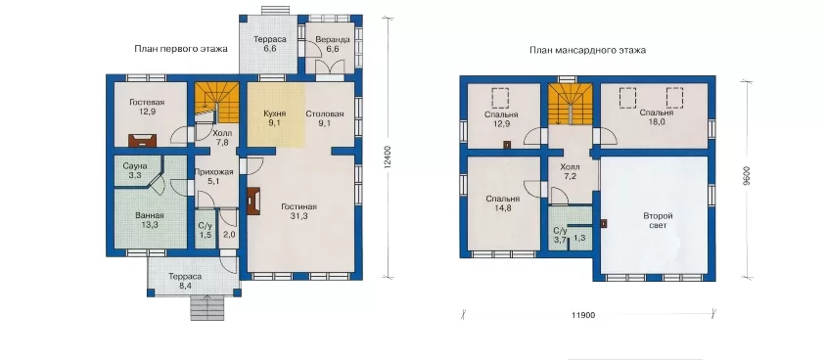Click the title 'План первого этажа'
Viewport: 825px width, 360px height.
point(181,49)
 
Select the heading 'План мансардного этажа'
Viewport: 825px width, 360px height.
point(588,50)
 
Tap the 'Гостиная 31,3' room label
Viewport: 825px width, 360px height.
point(298,211)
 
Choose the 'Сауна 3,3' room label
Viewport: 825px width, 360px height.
point(135,171)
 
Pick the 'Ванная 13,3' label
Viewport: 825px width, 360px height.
point(150,220)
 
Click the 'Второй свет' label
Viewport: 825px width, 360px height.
point(659,220)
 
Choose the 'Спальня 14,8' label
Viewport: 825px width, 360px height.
point(502,203)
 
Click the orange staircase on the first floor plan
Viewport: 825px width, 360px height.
point(217,101)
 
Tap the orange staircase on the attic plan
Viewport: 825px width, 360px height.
point(570,105)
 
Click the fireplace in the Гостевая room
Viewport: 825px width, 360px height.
point(142,140)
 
